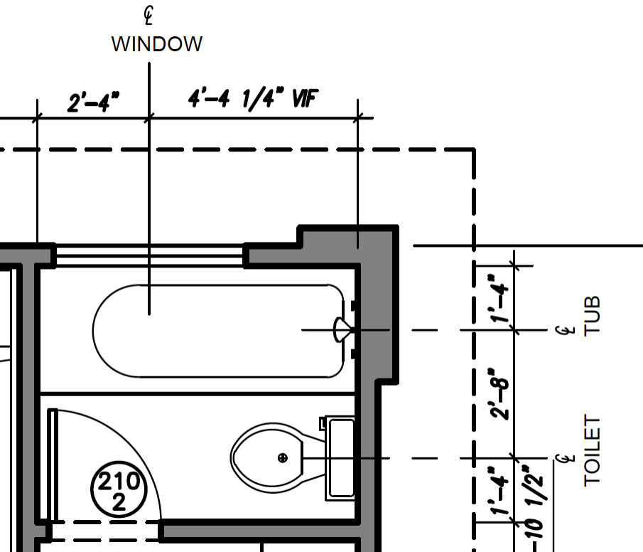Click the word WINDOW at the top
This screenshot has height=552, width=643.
tap(157, 44)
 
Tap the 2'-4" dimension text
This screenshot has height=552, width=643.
tap(93, 103)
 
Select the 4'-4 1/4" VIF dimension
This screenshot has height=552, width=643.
tap(252, 100)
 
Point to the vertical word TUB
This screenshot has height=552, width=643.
tap(592, 315)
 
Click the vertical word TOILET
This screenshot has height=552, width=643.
tap(592, 451)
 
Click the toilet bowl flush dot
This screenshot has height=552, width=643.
tap(283, 457)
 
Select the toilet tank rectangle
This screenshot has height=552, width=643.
tap(340, 458)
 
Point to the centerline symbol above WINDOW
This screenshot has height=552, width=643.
tap(149, 14)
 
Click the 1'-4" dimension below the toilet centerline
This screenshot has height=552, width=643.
tap(502, 490)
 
